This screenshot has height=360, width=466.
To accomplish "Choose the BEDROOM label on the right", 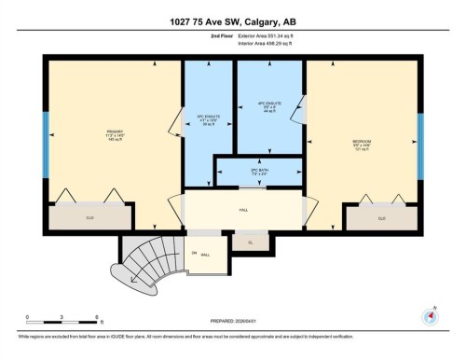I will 363,143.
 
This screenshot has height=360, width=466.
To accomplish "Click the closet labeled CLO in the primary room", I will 90,218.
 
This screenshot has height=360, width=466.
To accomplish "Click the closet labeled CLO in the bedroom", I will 381,218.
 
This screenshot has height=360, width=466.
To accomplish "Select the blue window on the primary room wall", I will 46,139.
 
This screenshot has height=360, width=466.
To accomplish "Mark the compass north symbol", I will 430,313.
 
